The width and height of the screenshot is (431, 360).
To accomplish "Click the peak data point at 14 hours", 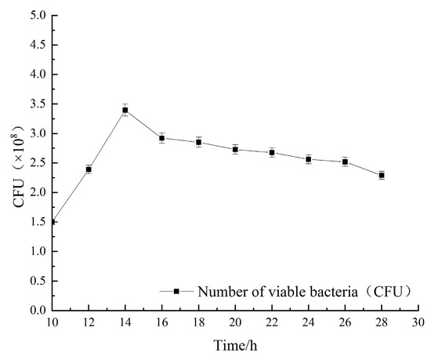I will (x=125, y=111).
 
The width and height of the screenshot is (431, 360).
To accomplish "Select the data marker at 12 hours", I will (x=89, y=169).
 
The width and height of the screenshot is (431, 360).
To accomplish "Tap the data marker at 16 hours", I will (x=162, y=138).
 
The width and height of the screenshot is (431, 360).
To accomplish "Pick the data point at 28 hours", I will (x=382, y=175).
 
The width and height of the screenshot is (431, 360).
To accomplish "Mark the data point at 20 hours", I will (x=235, y=150).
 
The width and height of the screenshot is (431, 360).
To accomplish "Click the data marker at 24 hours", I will (x=309, y=159).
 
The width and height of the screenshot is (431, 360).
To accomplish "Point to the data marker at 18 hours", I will (x=199, y=142).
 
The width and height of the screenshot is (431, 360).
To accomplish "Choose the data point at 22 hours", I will (x=272, y=152).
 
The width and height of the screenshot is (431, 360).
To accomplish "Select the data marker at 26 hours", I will (x=345, y=162).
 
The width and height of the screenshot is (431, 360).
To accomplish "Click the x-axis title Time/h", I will (x=235, y=345).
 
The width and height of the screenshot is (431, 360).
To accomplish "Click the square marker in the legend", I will (x=177, y=291).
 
